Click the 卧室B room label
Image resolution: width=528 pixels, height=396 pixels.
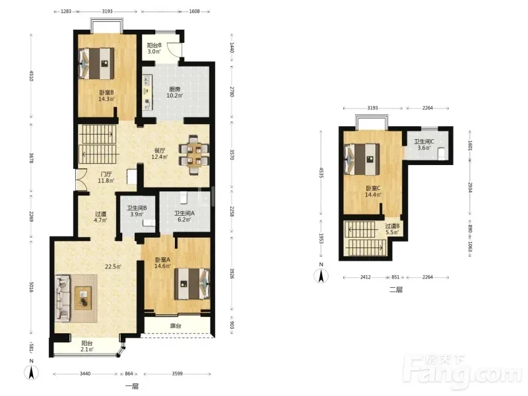coord(106,92)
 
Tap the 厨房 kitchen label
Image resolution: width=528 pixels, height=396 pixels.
coord(175,89)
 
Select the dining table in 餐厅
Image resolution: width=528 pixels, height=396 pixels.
coord(194,154)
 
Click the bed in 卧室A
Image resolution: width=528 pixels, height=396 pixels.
coord(192,284)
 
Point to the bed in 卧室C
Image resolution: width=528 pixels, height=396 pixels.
coord(362,160)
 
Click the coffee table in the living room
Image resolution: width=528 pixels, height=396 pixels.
coord(83,298)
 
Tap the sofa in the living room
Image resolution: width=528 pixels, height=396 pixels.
coord(62,298)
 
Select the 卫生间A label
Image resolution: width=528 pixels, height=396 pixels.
coord(184,213)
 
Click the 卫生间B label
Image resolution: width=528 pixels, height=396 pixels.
coord(137,208)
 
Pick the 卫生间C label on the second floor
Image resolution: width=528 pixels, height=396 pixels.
coord(424,142)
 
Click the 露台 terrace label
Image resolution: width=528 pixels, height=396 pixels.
coord(176,325)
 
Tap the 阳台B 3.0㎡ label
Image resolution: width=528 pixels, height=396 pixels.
coord(154,48)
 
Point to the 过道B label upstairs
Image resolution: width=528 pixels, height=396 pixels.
coord(392,226)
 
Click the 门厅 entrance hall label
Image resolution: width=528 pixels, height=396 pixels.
coord(106,174)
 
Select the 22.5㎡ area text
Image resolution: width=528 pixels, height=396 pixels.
coord(113,267)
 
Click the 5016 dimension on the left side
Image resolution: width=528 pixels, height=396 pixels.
coord(31,287)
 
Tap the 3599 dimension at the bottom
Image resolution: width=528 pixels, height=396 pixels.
coord(177,374)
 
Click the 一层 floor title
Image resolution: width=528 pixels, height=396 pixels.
coord(131,386)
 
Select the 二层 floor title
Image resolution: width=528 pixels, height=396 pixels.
coord(396,290)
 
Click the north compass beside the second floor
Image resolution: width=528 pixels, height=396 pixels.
coord(321,275)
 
